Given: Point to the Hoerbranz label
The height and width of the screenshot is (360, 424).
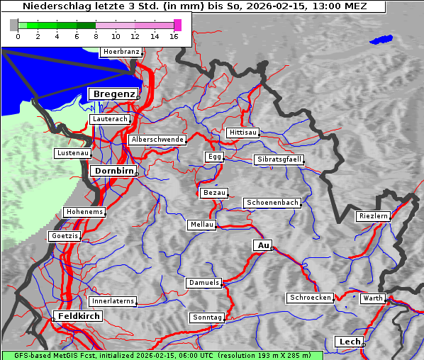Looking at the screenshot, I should pos(121,52).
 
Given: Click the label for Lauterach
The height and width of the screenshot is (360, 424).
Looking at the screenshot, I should pos(110,119).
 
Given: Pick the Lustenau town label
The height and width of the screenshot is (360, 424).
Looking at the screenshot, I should pos(72,153).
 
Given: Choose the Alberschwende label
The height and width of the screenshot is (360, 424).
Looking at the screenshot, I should pos(157,140).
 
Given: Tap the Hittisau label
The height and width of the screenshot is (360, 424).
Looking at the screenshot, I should pos(242,133).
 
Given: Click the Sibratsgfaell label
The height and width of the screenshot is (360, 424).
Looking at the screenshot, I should pos(279,159).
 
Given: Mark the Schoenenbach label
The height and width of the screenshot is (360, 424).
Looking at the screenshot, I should pos(272,203).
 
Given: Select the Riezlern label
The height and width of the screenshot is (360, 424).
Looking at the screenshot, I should pos(373,216).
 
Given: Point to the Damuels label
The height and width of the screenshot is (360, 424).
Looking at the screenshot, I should pos(204,283).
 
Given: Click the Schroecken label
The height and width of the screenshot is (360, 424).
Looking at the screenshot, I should pos(310,298).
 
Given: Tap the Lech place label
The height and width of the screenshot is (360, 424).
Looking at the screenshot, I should pos(350,342).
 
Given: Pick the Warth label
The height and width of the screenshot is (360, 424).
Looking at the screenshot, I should pos(372,298).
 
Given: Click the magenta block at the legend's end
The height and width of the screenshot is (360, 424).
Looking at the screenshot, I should pos(177,25).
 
